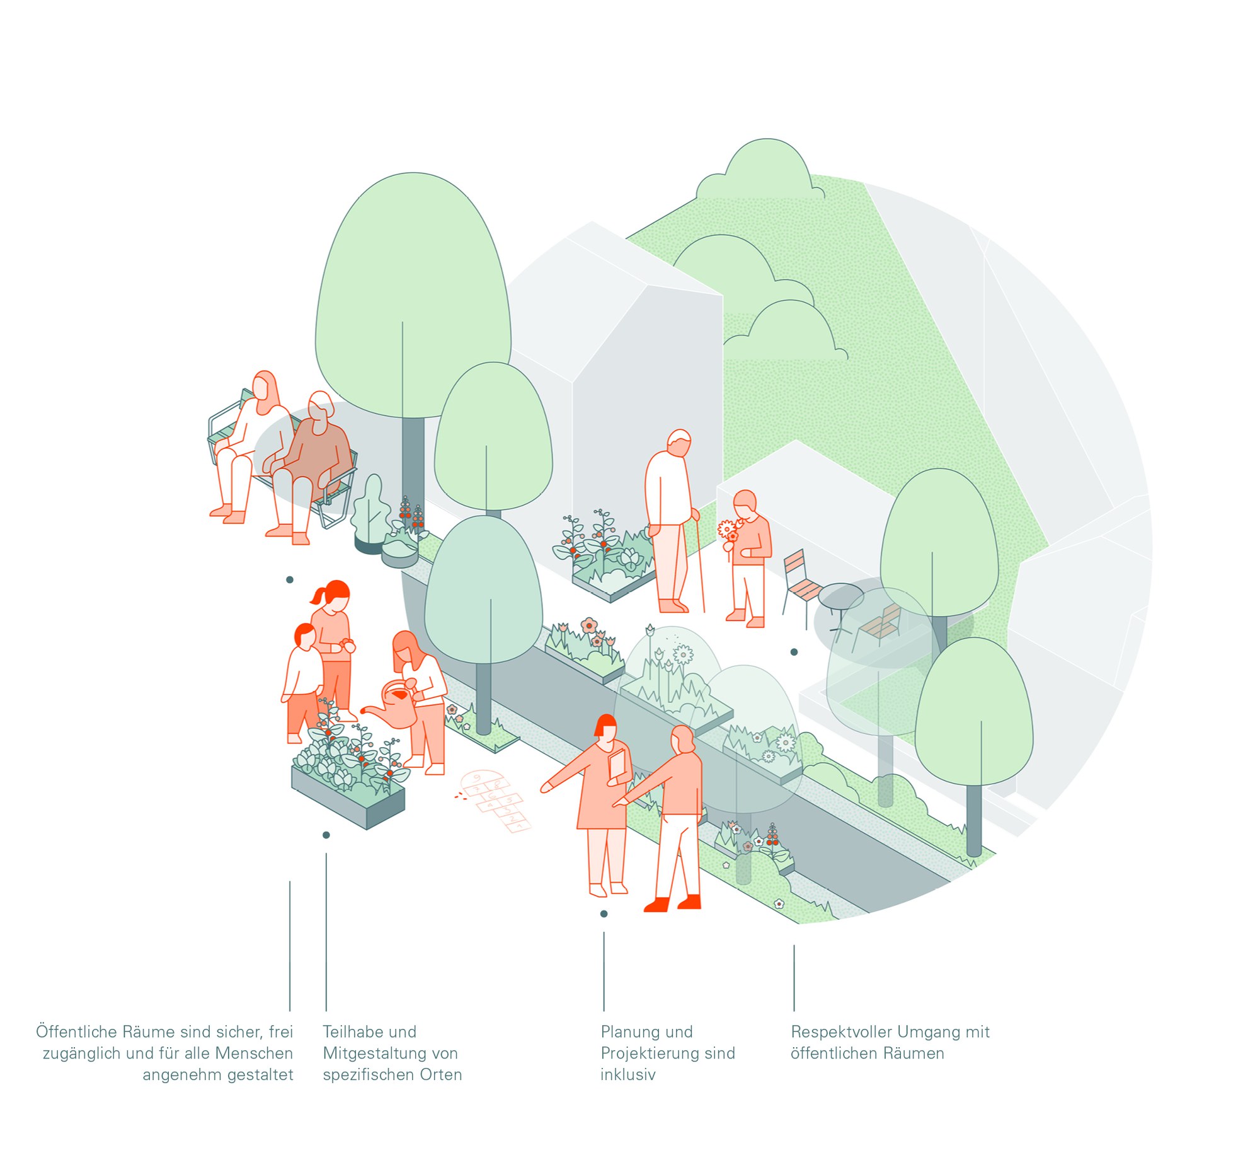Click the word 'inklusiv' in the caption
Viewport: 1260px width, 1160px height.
point(628,1075)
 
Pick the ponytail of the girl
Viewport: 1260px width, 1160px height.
point(319,595)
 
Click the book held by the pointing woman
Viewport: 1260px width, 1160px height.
point(617,765)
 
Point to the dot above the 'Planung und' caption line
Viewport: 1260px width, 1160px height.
point(604,913)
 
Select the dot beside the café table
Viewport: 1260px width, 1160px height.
point(794,652)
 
